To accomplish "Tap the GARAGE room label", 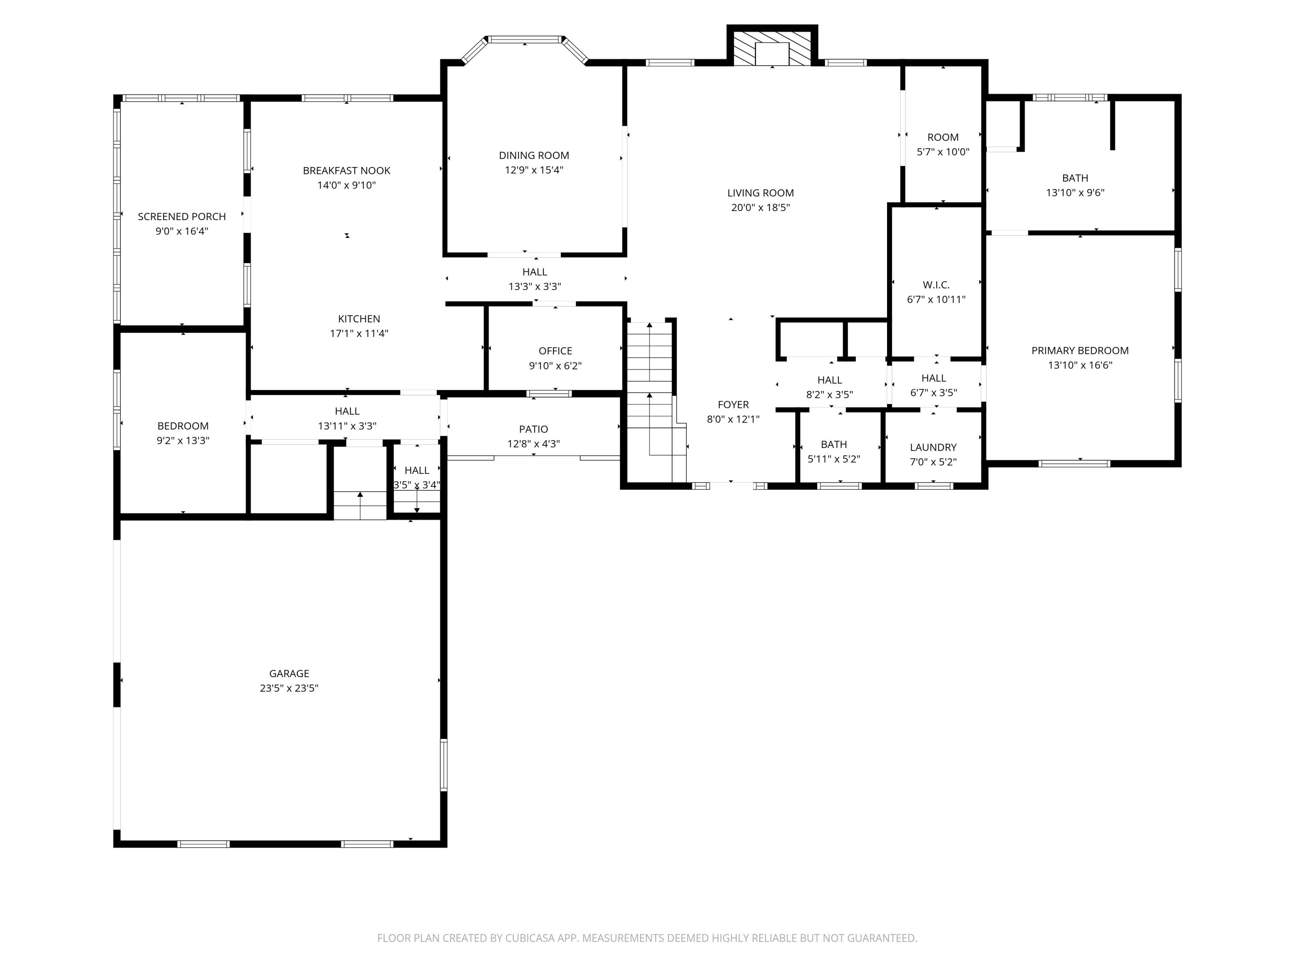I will tap(289, 673).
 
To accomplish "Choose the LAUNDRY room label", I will tap(933, 447).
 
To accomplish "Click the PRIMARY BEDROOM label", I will tap(1080, 350).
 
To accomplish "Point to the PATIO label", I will tap(534, 429).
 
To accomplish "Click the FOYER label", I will tap(733, 404).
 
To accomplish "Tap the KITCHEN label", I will tap(359, 319).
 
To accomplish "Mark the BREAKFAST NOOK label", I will tap(346, 170).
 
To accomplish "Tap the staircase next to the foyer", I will tap(650, 398).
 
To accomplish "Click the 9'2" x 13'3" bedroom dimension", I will tap(183, 441).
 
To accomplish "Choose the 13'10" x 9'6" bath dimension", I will tap(1075, 192).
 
